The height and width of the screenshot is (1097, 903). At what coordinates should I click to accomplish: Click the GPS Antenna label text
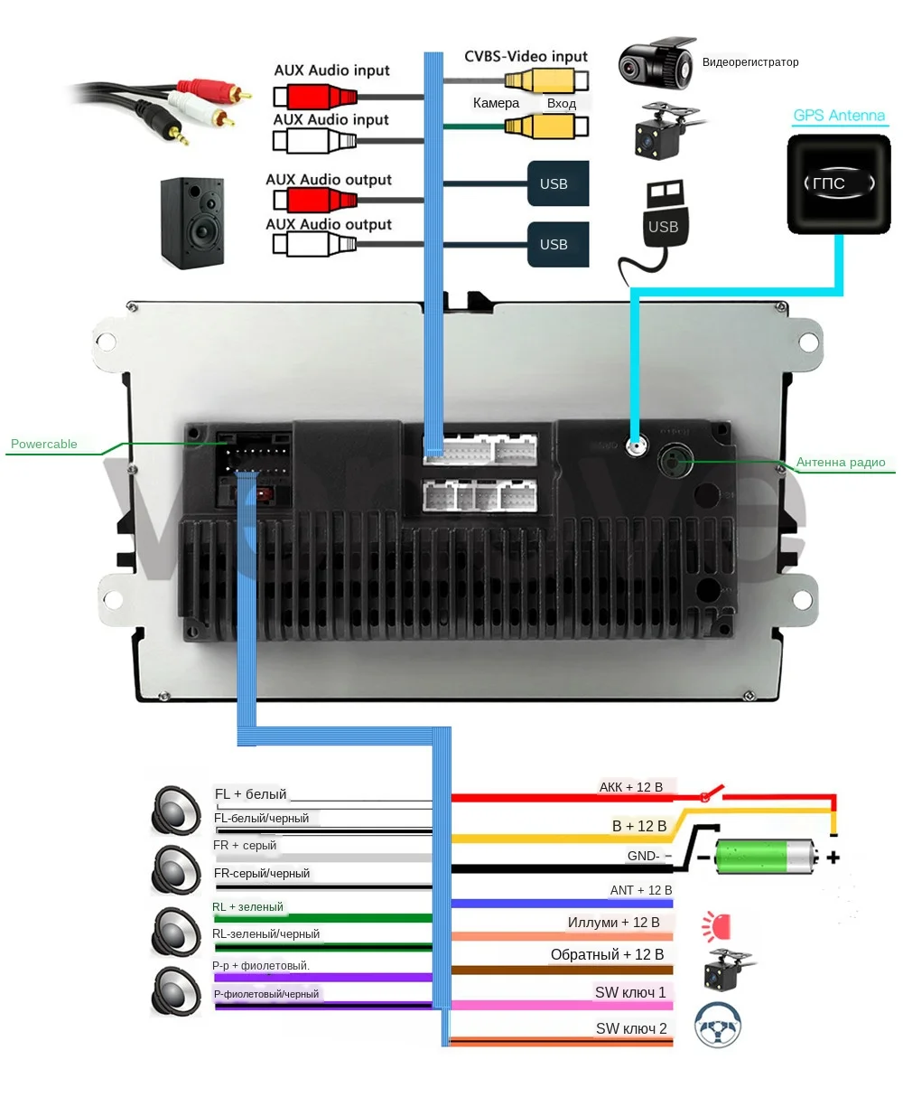pos(839,116)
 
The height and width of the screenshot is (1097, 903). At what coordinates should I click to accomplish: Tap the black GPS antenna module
pos(839,183)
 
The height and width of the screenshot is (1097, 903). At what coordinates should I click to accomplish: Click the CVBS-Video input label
pos(526,56)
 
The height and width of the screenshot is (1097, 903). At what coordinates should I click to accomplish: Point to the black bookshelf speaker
pos(192,222)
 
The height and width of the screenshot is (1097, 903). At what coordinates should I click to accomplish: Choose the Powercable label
pos(44,444)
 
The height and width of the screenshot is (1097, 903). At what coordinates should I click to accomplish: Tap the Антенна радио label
pos(841,463)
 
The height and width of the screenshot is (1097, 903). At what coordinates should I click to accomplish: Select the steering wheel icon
pos(718,1025)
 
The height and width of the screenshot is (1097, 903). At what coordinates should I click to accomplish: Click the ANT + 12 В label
pos(641,890)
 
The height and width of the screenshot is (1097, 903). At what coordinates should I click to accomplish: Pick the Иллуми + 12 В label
pos(613,923)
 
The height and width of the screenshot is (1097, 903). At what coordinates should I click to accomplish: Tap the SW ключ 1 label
pos(629,992)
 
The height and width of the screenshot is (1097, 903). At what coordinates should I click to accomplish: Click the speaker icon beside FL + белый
pos(176,809)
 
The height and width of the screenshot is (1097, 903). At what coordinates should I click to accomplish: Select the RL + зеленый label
pos(247,906)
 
